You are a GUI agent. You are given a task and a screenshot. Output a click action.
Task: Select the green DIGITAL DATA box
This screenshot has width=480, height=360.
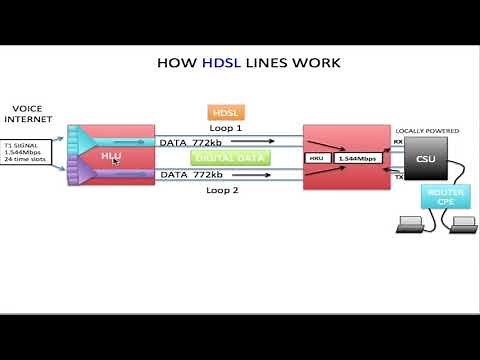[x=225, y=158]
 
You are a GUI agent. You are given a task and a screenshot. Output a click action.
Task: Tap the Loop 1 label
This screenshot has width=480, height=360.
[x=225, y=129]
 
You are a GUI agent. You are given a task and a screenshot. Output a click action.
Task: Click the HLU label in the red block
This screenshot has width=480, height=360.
[x=111, y=156]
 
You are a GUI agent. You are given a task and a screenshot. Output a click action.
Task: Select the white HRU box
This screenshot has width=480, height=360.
[x=317, y=158]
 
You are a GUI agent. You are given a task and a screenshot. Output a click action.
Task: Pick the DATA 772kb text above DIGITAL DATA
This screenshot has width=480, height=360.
[x=196, y=142]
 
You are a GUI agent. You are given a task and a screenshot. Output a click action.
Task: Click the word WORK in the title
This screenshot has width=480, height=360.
[x=315, y=63]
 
